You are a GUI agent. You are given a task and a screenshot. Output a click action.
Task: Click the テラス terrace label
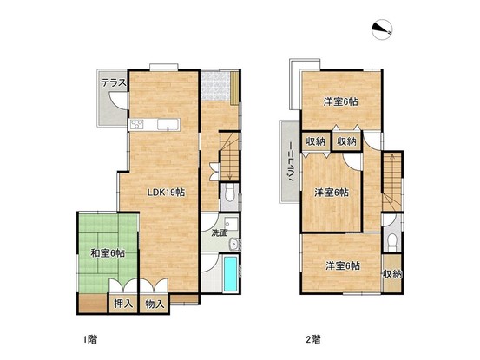(114, 82)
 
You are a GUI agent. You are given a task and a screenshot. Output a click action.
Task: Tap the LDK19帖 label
(166, 192)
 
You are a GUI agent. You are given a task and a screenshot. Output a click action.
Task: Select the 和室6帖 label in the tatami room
(108, 253)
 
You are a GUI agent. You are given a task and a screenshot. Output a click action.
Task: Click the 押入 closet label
(123, 304)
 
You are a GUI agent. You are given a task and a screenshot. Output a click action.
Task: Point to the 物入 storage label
(155, 304)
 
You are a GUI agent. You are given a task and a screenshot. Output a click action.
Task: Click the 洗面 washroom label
(220, 232)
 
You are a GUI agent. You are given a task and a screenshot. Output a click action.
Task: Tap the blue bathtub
(230, 274)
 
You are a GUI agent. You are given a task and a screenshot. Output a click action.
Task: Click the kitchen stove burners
(137, 124)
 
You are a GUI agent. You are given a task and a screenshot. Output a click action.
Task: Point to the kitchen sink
(168, 125)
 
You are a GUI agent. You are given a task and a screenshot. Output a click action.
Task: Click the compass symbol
(382, 29)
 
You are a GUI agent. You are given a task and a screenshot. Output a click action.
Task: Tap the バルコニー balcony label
(290, 162)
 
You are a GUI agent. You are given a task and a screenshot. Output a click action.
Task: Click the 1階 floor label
(90, 339)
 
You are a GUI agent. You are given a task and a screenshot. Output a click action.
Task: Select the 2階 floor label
(313, 339)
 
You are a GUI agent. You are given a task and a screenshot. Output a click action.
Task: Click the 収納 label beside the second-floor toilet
(392, 274)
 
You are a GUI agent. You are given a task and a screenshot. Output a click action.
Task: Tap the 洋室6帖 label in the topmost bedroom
(341, 101)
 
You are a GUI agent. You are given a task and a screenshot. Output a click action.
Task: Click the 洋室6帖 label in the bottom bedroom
(343, 265)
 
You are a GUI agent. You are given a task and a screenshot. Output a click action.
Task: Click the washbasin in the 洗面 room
(234, 244)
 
